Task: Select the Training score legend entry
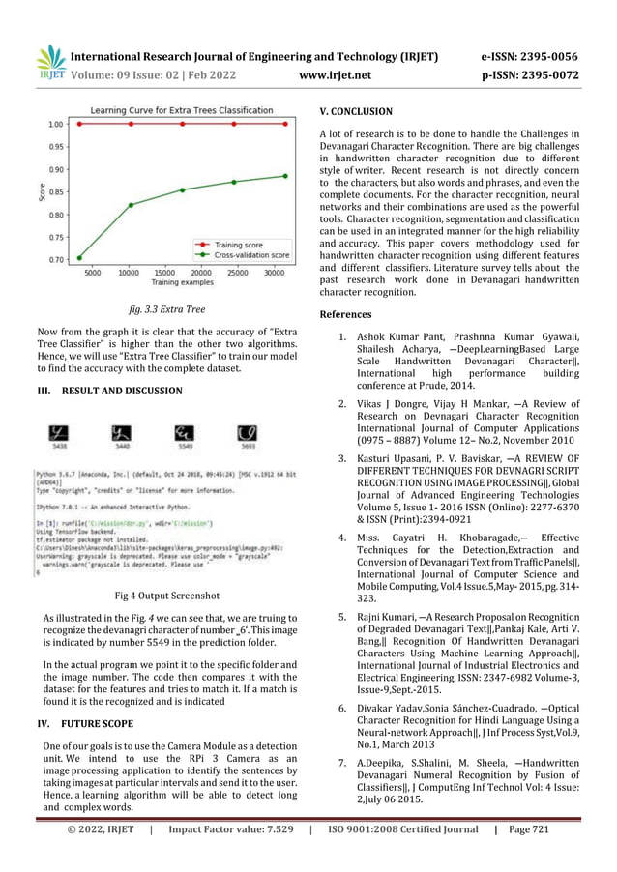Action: [x=241, y=245]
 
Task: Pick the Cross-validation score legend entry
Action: [x=250, y=255]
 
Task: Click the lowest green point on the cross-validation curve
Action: [x=79, y=257]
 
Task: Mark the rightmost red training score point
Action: [x=285, y=124]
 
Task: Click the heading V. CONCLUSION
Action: [x=355, y=111]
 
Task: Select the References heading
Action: [x=344, y=314]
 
